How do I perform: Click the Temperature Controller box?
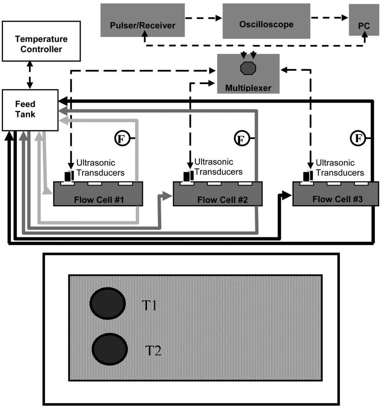point(41,41)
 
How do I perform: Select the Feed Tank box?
point(30,110)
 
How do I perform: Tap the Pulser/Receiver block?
point(143,20)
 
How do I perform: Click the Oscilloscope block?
point(266,21)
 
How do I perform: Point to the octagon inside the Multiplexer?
point(248,69)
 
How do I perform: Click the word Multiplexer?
point(248,88)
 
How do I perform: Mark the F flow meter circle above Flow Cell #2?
point(241,139)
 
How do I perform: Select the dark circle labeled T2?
point(110,349)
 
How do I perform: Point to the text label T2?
point(153,350)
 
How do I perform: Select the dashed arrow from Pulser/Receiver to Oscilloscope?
point(204,17)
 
